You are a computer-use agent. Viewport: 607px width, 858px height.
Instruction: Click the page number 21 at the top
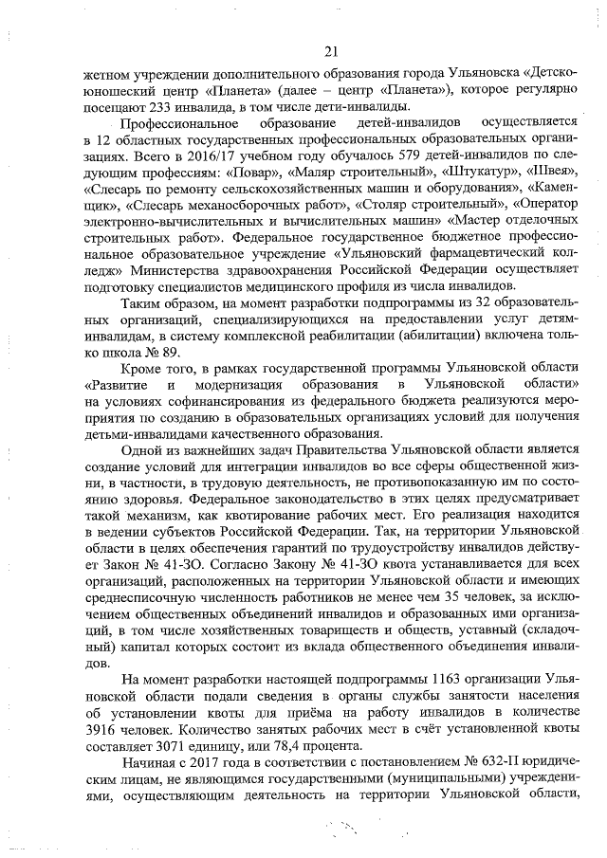[x=330, y=51]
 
